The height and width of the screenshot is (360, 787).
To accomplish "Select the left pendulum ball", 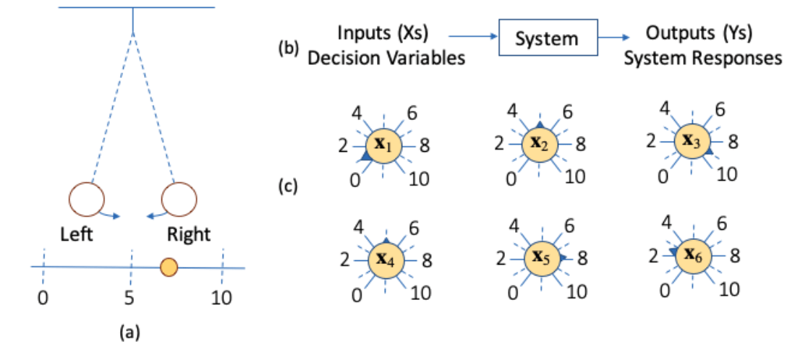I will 87,199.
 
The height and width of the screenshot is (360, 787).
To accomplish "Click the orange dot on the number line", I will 169,267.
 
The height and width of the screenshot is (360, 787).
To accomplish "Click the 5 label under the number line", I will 131,296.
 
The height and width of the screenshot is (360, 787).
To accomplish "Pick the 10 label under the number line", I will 221,296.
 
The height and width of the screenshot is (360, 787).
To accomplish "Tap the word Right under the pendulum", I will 189,234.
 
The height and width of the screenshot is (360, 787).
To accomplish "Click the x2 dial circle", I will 540,143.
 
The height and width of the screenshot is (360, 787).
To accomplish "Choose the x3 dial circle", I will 692,141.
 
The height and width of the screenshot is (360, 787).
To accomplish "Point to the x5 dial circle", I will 540,258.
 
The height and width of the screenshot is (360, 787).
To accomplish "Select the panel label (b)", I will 289,50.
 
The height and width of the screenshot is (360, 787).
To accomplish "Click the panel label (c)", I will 289,187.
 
